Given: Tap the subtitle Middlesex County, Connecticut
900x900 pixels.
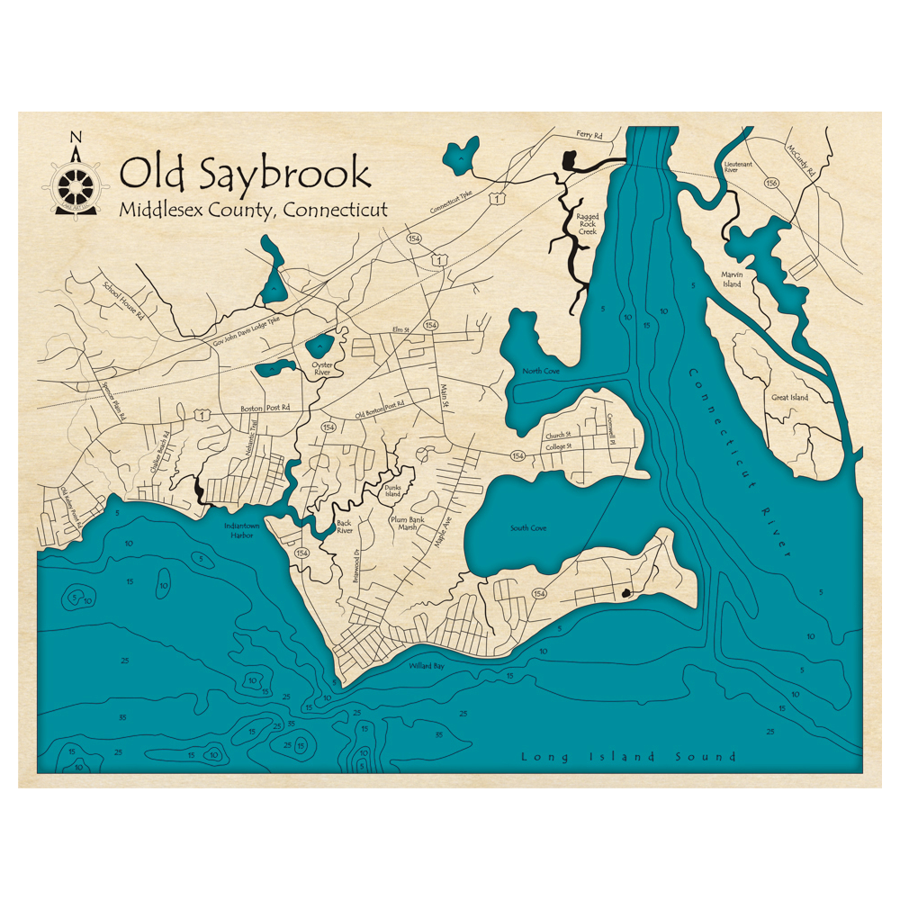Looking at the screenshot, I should (253, 210).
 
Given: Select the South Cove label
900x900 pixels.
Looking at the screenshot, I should (528, 528).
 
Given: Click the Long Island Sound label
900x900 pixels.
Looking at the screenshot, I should (628, 757).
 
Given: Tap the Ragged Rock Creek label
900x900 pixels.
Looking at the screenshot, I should (587, 224).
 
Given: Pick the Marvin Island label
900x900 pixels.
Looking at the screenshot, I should (731, 279).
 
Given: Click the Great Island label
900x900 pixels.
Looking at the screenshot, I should (789, 397).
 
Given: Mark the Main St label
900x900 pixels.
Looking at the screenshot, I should (444, 397).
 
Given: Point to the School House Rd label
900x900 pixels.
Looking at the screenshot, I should (123, 302).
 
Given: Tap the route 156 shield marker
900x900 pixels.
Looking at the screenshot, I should (771, 184).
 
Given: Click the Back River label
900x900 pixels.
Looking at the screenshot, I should (344, 526).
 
